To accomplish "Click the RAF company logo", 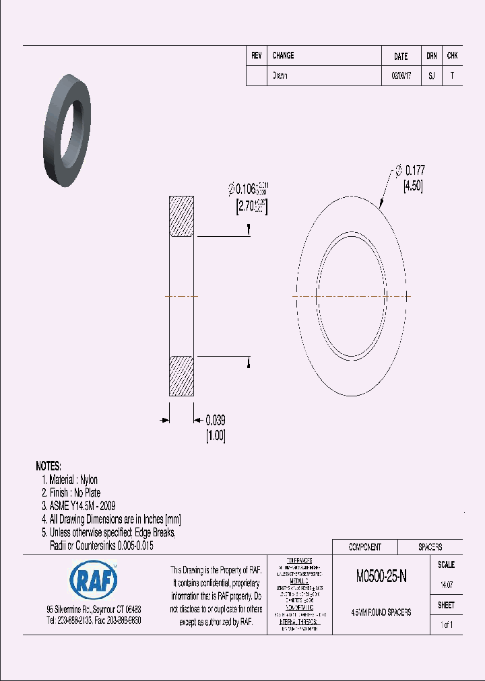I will coord(94,579).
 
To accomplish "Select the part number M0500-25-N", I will coord(381,576).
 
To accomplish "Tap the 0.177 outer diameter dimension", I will coord(414,172).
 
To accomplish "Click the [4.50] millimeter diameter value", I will coord(412,187).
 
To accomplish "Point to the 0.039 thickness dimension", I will coord(216,420).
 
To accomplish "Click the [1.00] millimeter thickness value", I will coord(216,436).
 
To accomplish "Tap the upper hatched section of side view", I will coord(181,216).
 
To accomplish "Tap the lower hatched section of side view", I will coord(181,375).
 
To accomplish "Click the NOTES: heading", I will coord(48,466).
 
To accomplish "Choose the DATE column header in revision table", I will coord(400,57).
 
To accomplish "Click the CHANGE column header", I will coord(283,56).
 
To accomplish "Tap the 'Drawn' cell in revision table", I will coord(280,76).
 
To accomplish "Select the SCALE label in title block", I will coord(446,565).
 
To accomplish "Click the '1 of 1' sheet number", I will coord(446,625).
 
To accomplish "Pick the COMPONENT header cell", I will coord(364,547).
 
